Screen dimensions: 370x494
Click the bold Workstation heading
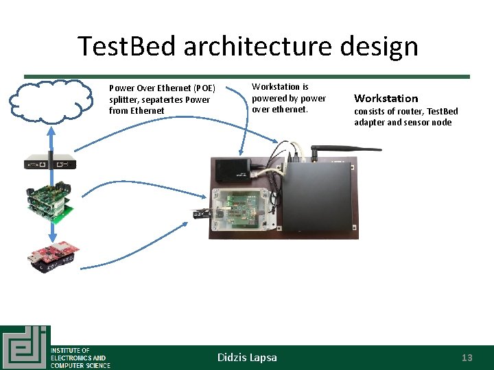(x=386, y=98)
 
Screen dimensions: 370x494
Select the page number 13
(x=467, y=358)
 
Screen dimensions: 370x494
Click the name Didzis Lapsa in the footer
(x=247, y=358)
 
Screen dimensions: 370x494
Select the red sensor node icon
(x=52, y=257)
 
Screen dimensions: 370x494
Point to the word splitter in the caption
(x=125, y=99)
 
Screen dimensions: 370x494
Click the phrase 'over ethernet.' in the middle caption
(x=280, y=109)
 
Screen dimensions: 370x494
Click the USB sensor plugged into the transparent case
(x=200, y=214)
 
